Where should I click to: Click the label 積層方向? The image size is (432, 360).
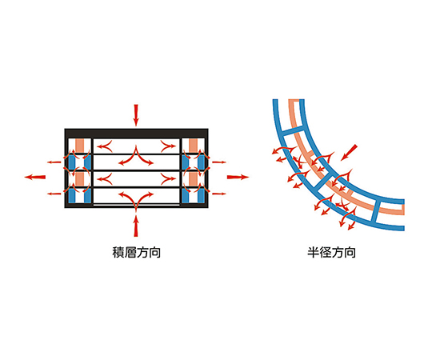click(136, 252)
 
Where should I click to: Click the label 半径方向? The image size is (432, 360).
click(331, 252)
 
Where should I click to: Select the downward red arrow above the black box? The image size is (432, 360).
click(135, 115)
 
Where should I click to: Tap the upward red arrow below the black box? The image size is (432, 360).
click(135, 226)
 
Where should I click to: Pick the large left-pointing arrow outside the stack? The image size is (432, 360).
click(35, 177)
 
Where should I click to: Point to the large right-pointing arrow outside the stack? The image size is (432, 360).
click(238, 177)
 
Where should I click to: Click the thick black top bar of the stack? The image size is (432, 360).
click(136, 134)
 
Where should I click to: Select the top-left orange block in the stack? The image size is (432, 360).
click(80, 145)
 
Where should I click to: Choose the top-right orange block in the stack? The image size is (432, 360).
click(193, 145)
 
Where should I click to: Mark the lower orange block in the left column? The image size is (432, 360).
click(80, 178)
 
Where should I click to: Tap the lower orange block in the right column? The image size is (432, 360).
click(193, 178)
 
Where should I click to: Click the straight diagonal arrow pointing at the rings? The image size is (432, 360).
click(349, 152)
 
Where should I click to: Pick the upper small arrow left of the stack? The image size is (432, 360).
click(54, 162)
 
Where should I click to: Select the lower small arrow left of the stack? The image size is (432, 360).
click(54, 194)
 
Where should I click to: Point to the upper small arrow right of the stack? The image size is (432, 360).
click(219, 162)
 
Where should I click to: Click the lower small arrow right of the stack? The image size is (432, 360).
click(219, 194)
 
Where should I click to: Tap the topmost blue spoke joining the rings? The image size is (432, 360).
click(293, 131)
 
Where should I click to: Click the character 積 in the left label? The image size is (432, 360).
click(118, 252)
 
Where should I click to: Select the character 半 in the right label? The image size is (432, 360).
click(314, 252)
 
